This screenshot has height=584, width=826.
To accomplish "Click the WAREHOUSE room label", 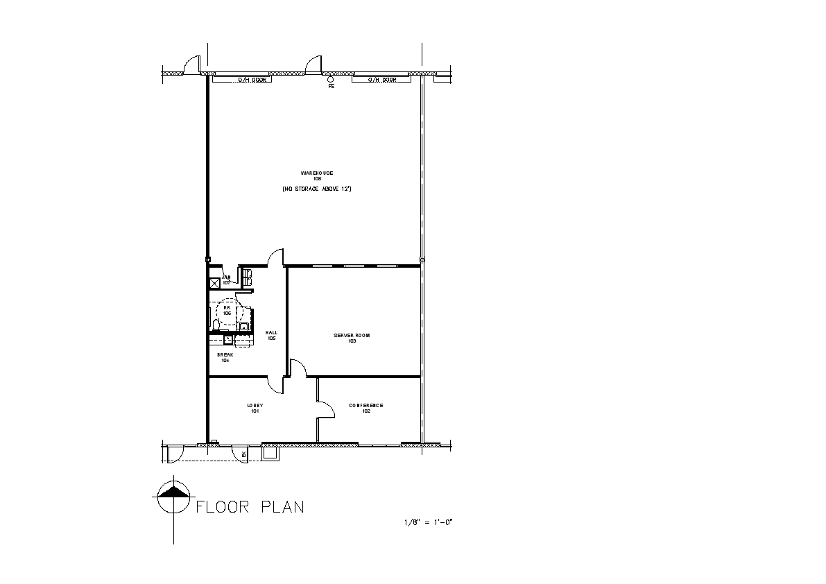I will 316,173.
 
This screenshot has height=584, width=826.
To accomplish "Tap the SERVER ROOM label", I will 352,336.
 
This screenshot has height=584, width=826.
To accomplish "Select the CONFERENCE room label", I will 365,406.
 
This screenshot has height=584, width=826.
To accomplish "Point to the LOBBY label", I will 255,406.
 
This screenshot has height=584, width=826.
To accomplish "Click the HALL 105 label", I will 271,335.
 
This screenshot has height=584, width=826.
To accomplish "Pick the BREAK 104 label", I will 225,357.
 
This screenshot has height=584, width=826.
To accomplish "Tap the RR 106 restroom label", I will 226,310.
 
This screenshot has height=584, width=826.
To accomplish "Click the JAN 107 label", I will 226,280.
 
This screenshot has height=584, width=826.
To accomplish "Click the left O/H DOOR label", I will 248,80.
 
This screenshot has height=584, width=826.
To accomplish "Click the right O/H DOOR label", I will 381,80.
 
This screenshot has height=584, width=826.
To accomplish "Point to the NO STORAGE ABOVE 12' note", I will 316,189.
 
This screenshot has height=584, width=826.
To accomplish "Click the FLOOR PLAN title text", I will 250,507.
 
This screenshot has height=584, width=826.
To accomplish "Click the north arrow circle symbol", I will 173,497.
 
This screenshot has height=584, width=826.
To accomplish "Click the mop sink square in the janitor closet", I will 214,282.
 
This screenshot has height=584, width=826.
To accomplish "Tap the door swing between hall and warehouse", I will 276,257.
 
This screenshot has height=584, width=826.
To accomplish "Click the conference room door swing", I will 325,410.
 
